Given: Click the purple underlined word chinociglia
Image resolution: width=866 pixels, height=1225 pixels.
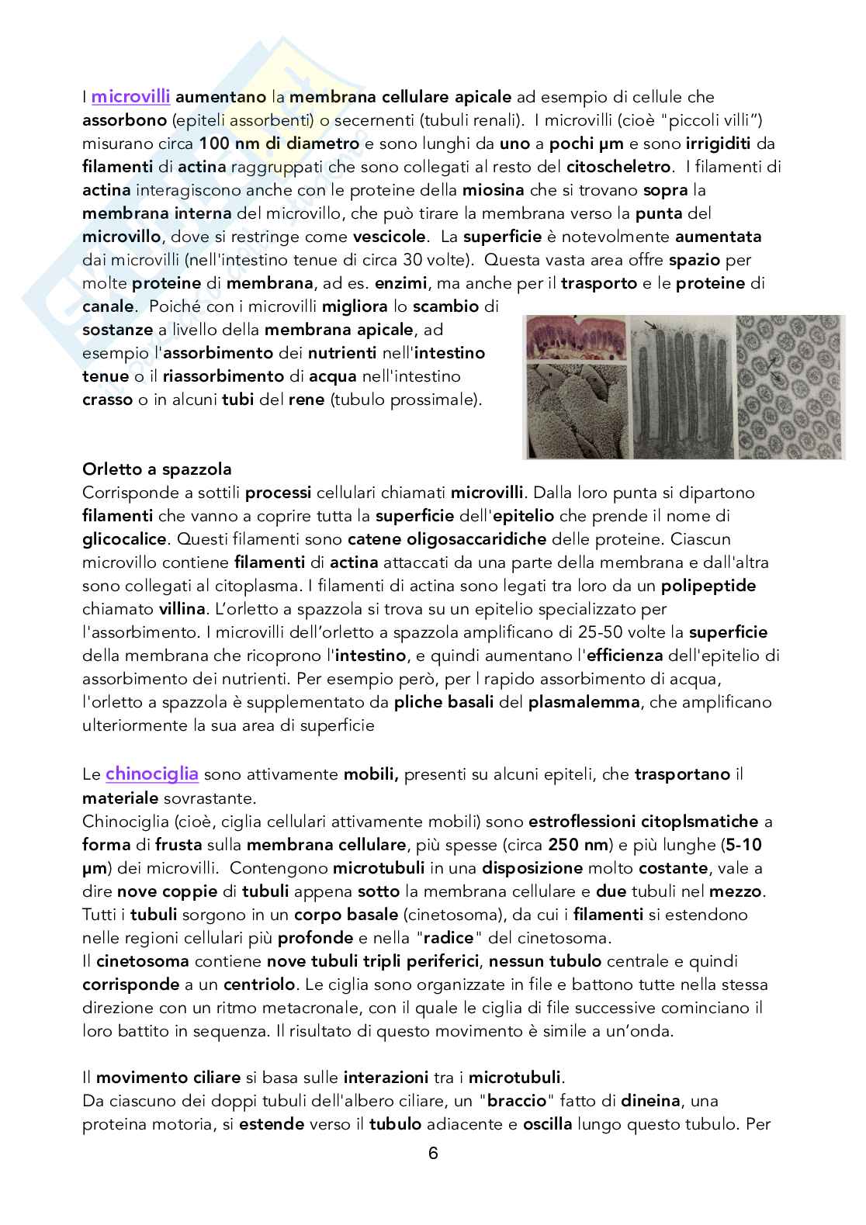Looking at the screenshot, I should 152,773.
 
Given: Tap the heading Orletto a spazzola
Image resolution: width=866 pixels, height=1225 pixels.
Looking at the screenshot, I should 157,469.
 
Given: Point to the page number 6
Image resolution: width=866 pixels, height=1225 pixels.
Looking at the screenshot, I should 433,1154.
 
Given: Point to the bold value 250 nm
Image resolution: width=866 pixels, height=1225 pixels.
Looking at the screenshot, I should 577,844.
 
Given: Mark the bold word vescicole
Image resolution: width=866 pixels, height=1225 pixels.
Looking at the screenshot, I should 389,236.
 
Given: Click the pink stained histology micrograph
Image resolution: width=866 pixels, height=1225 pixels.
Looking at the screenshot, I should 573,344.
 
